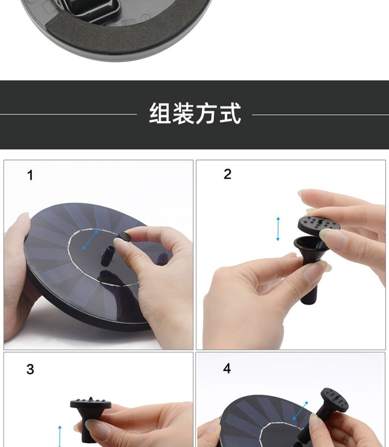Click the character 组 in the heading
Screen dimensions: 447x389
(160, 114)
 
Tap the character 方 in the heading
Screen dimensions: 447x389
(206, 114)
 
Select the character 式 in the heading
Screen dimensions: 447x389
(229, 114)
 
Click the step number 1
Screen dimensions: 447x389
(30, 175)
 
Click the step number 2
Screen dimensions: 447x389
(227, 174)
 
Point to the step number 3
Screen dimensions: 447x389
(30, 370)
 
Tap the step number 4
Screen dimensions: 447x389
(227, 369)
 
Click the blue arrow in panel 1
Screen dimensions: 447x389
(90, 240)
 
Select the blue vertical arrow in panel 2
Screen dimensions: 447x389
(278, 229)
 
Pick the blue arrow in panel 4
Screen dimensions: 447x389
(300, 411)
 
